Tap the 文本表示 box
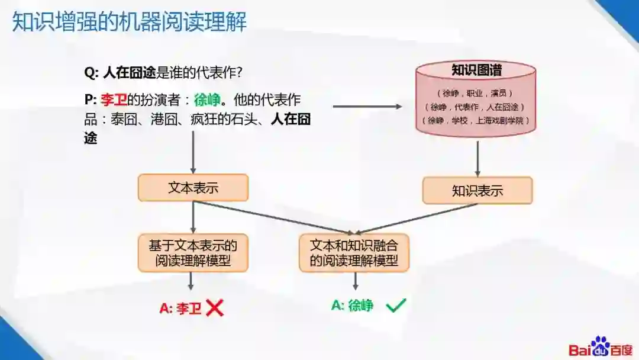click(x=193, y=188)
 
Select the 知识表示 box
click(x=477, y=191)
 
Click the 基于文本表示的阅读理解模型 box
click(x=193, y=253)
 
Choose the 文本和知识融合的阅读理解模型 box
click(x=354, y=253)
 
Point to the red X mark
click(x=215, y=307)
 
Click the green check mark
click(x=396, y=306)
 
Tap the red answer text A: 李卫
click(x=181, y=308)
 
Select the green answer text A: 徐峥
click(x=353, y=306)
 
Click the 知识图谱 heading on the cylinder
click(x=477, y=70)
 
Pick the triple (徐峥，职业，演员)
click(x=477, y=93)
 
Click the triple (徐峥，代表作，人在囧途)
click(x=477, y=107)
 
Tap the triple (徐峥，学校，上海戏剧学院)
click(x=477, y=120)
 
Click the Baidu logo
click(x=601, y=347)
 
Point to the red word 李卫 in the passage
click(x=115, y=99)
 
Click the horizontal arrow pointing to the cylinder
click(x=367, y=107)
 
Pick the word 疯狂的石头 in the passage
click(x=221, y=119)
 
